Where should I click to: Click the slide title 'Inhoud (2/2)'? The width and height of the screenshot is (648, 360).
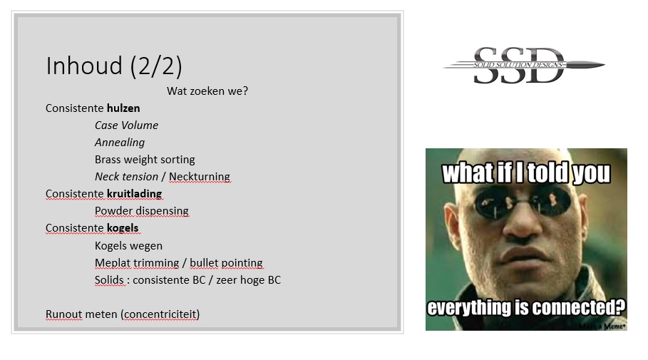(113, 66)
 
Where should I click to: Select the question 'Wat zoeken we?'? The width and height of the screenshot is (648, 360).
(207, 91)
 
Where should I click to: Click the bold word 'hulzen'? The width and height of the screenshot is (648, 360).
(123, 108)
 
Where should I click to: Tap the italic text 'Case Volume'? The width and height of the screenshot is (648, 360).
(126, 125)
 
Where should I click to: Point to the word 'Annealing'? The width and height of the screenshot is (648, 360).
(120, 143)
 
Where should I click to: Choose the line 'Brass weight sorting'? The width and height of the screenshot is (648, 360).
(145, 160)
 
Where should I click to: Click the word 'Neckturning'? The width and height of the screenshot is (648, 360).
(199, 177)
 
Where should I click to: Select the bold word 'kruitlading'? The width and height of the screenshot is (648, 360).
(134, 194)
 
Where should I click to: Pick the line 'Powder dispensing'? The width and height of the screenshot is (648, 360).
(141, 211)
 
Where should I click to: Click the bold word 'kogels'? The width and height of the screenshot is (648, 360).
(123, 228)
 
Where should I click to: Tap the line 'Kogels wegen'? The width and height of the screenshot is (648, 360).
(128, 246)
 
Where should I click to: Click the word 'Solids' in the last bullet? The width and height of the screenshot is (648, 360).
(109, 280)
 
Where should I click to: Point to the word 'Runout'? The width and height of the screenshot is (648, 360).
(64, 314)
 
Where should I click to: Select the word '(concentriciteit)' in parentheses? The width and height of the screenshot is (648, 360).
(160, 314)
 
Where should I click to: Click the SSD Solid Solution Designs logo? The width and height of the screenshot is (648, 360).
(524, 66)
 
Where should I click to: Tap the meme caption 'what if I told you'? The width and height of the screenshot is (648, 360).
(526, 173)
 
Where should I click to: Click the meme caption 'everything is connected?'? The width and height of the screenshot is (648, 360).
(526, 307)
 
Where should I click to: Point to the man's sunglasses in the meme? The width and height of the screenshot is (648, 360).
(524, 202)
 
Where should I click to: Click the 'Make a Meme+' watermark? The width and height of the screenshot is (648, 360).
(602, 326)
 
